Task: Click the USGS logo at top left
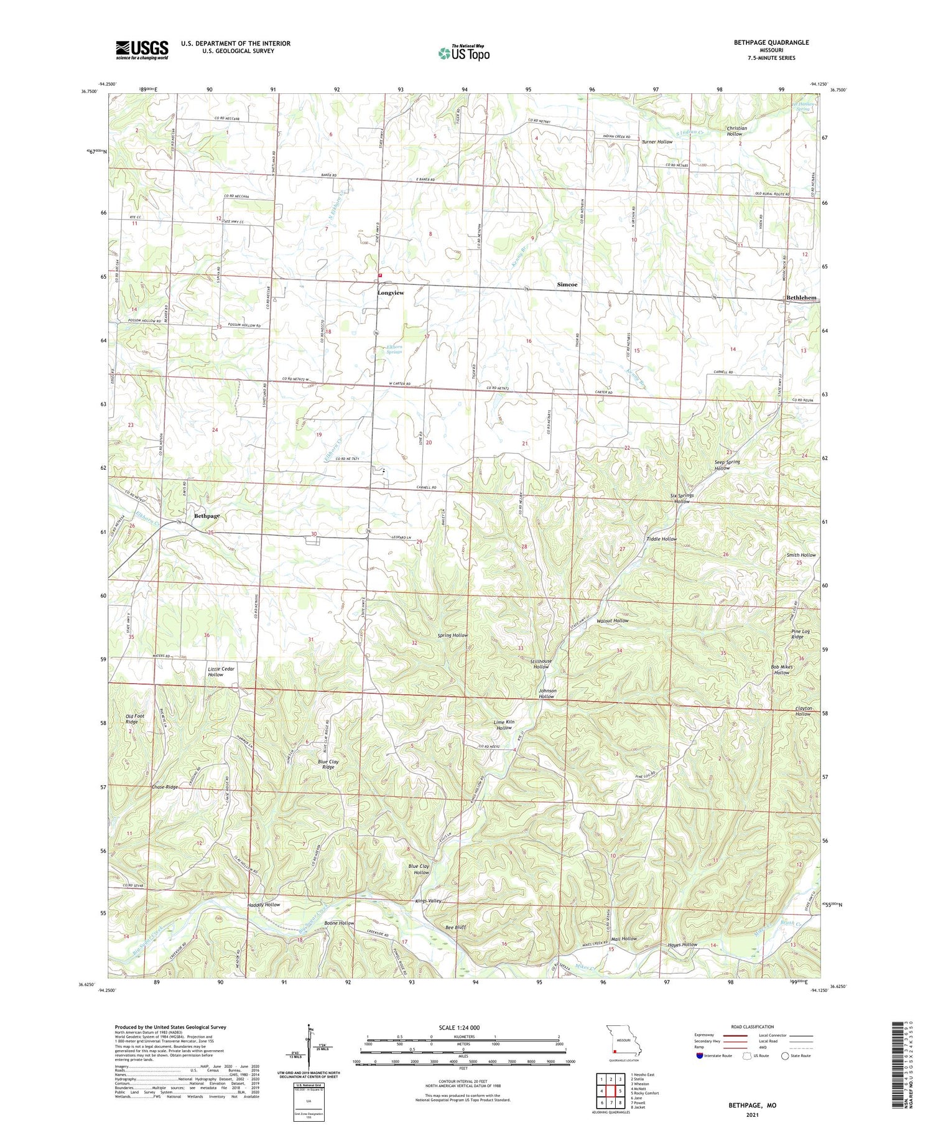coord(142,50)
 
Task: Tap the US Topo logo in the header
coord(464,53)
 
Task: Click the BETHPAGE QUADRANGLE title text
coord(771,42)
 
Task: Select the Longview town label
coord(391,292)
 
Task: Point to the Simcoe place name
coord(567,284)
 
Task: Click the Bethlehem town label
coord(801,298)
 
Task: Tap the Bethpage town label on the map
coord(207,516)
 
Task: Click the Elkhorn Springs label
coord(394,349)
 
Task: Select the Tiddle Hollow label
coord(661,539)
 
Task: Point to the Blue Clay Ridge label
coord(328,764)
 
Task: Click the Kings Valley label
coord(428,901)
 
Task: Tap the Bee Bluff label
coord(455,927)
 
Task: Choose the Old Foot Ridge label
coord(135,719)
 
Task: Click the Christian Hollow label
coord(736,131)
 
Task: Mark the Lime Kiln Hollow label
coord(504,725)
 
